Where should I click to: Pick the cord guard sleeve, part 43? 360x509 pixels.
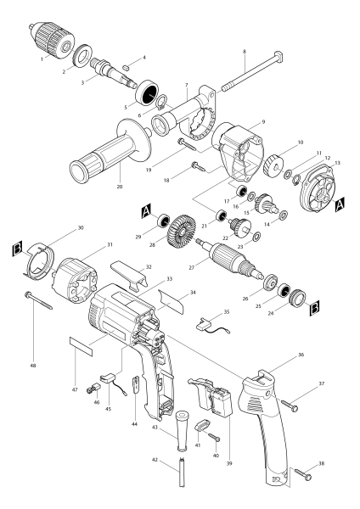(x=180, y=428)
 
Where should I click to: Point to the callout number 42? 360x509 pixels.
(x=155, y=459)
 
